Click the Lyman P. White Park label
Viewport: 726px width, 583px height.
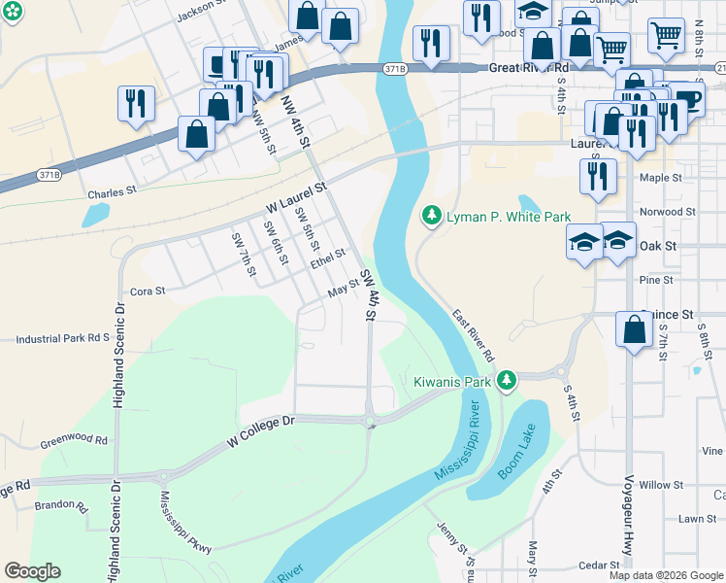click(x=508, y=216)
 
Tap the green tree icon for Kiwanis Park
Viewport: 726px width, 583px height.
click(x=506, y=381)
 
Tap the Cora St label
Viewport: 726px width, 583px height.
click(x=148, y=291)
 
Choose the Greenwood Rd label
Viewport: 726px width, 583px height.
click(x=74, y=440)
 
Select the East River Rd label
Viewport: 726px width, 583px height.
click(x=473, y=335)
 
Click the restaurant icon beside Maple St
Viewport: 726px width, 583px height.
click(x=598, y=177)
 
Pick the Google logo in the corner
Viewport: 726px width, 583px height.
click(x=32, y=571)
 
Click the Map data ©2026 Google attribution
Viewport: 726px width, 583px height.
click(x=666, y=575)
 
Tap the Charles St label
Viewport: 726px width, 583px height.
click(x=109, y=193)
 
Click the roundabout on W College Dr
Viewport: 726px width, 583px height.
click(x=369, y=422)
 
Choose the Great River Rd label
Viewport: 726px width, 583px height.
click(x=529, y=68)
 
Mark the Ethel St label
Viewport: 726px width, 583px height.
click(x=328, y=259)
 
